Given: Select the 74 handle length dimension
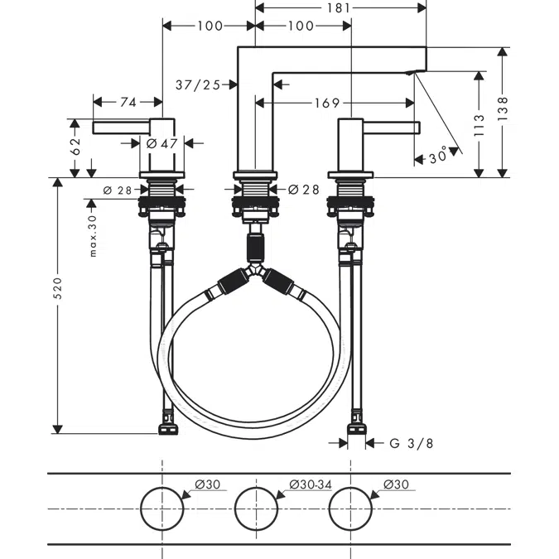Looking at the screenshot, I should point(128,102).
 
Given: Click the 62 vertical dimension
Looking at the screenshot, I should point(75,147).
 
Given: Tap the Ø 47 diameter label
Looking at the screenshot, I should point(162,143).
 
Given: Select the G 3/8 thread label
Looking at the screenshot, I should point(411,443).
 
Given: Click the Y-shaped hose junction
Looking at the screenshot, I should point(256,272).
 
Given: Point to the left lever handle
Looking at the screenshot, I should point(120,127).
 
